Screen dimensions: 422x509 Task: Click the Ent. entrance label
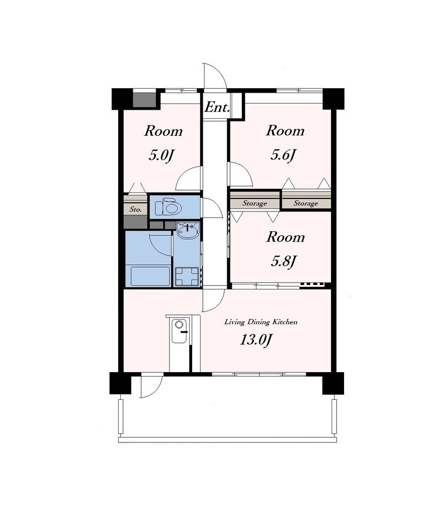(217, 107)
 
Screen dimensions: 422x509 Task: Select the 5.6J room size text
(284, 156)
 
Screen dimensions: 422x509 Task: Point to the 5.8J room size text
(284, 261)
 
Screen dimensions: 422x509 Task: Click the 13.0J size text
(256, 340)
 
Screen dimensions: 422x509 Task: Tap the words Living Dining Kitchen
(261, 322)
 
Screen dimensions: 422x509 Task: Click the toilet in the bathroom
(168, 207)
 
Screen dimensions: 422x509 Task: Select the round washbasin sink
(187, 231)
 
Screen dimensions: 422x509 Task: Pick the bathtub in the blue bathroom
(150, 276)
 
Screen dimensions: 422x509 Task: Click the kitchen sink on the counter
(179, 331)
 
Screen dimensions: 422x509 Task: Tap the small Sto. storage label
(136, 210)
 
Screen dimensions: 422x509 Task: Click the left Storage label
(255, 204)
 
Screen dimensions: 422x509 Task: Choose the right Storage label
(306, 204)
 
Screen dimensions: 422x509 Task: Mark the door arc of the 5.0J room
(182, 173)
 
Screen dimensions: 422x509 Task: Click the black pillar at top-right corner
(333, 98)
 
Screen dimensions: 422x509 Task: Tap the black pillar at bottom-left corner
(120, 383)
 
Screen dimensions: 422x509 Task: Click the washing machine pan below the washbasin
(187, 277)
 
